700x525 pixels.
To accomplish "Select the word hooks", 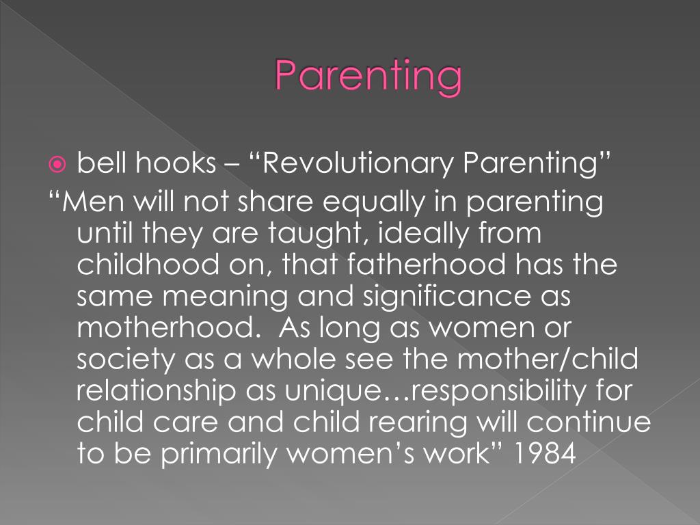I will click(174, 164).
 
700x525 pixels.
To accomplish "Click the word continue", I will click(589, 422).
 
